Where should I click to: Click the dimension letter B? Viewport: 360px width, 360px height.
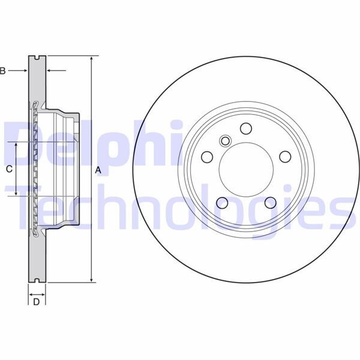3,71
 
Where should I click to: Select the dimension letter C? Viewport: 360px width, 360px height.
8,169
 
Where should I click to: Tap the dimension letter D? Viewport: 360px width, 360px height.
36,302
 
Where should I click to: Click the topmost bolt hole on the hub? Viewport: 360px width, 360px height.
245,128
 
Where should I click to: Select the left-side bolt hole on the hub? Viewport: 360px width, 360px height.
206,157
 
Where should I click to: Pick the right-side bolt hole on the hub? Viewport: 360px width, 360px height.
284,157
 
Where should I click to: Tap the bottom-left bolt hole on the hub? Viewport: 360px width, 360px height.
221,202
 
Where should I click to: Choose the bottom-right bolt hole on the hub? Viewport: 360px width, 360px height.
269,202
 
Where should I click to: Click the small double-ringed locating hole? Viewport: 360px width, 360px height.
226,142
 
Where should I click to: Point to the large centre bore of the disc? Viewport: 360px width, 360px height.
245,169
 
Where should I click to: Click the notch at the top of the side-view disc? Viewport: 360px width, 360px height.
37,59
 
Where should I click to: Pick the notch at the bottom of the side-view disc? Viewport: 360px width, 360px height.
37,280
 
